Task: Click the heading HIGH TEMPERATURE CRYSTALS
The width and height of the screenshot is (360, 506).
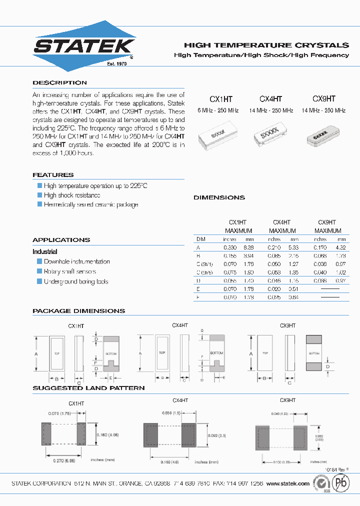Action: (266, 45)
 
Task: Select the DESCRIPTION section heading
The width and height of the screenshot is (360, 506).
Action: (59, 82)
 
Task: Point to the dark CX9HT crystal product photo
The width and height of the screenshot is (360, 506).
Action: (323, 135)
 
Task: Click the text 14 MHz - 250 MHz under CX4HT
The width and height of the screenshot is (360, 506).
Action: (270, 110)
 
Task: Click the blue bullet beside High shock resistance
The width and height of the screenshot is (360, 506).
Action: (40, 195)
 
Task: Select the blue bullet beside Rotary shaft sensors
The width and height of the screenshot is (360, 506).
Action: (40, 271)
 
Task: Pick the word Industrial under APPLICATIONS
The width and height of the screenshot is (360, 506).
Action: (45, 251)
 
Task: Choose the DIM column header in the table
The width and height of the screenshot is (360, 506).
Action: (201, 239)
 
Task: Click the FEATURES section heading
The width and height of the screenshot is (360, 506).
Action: (53, 175)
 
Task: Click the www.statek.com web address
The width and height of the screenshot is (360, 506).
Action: (288, 484)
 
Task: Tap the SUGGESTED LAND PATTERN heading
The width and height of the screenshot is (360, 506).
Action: (88, 388)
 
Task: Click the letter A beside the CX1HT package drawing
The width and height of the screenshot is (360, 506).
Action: (35, 353)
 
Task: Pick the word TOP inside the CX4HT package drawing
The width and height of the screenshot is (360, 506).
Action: (162, 352)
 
